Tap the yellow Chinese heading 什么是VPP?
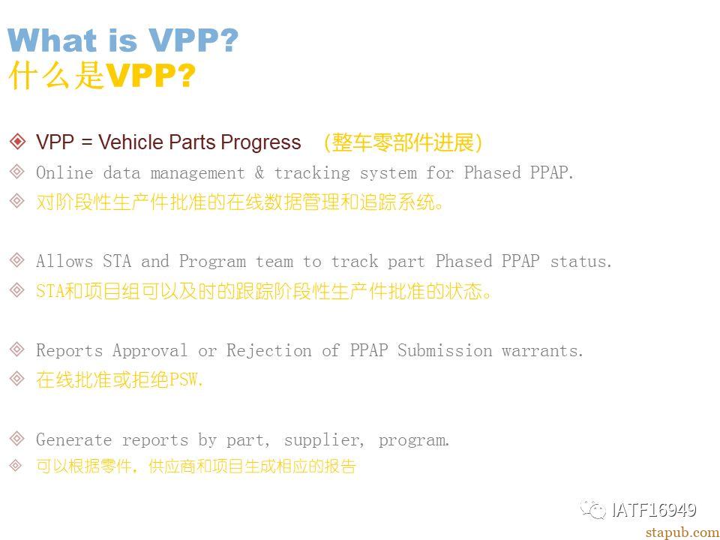[x=102, y=75]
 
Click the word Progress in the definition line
[x=261, y=142]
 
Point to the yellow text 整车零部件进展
[x=403, y=142]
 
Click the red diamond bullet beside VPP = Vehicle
[x=17, y=142]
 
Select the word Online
[x=64, y=172]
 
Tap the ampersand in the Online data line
[x=259, y=172]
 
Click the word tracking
[x=312, y=173]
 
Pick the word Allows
[x=64, y=261]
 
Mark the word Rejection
[x=268, y=351]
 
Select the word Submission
[x=445, y=351]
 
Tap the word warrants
[x=542, y=351]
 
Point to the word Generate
[x=73, y=440]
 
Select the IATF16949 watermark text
[x=654, y=510]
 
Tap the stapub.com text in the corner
[x=682, y=532]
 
